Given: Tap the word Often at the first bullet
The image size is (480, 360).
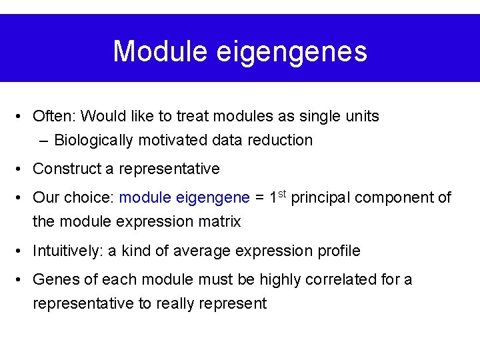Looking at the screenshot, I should click(x=54, y=116).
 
